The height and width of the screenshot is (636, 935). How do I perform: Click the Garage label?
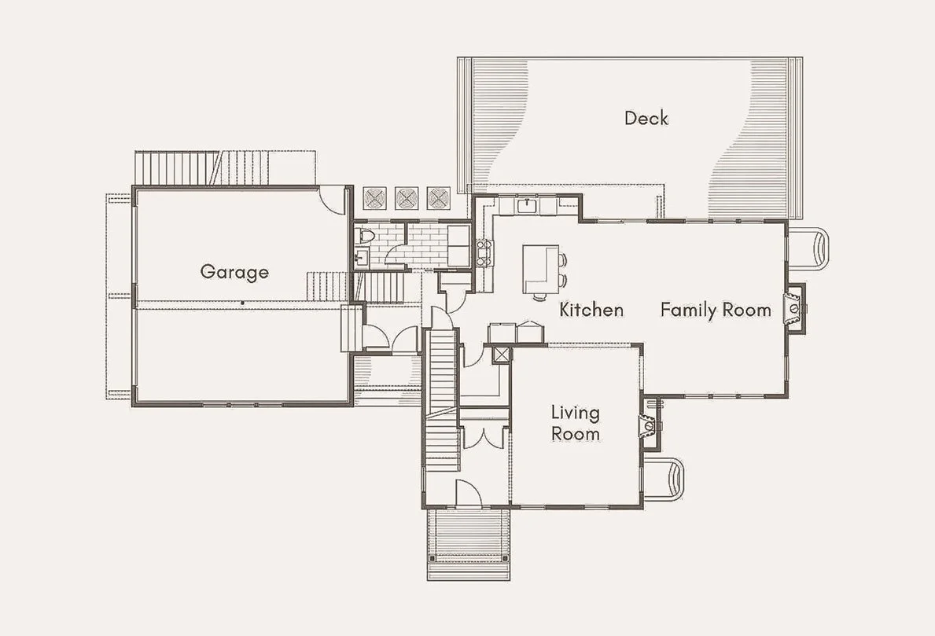pos(234,272)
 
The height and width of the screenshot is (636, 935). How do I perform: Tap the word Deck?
pos(646,118)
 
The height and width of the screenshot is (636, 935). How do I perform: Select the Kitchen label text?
pos(591,310)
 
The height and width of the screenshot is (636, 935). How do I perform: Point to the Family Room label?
pos(716,310)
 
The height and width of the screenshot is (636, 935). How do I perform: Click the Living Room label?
pos(576,423)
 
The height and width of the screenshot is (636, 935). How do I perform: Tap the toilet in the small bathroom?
pos(365,236)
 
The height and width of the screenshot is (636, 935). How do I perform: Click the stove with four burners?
pos(484,252)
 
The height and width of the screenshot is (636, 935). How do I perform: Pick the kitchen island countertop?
pos(541,269)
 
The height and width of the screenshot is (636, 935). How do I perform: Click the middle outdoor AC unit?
pos(407,198)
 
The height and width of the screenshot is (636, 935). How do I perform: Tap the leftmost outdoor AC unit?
pos(376,198)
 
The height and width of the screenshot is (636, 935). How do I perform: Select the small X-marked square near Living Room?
pos(502,355)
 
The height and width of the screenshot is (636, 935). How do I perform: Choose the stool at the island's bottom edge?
pos(539,296)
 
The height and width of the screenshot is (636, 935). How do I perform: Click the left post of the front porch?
pos(432,558)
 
